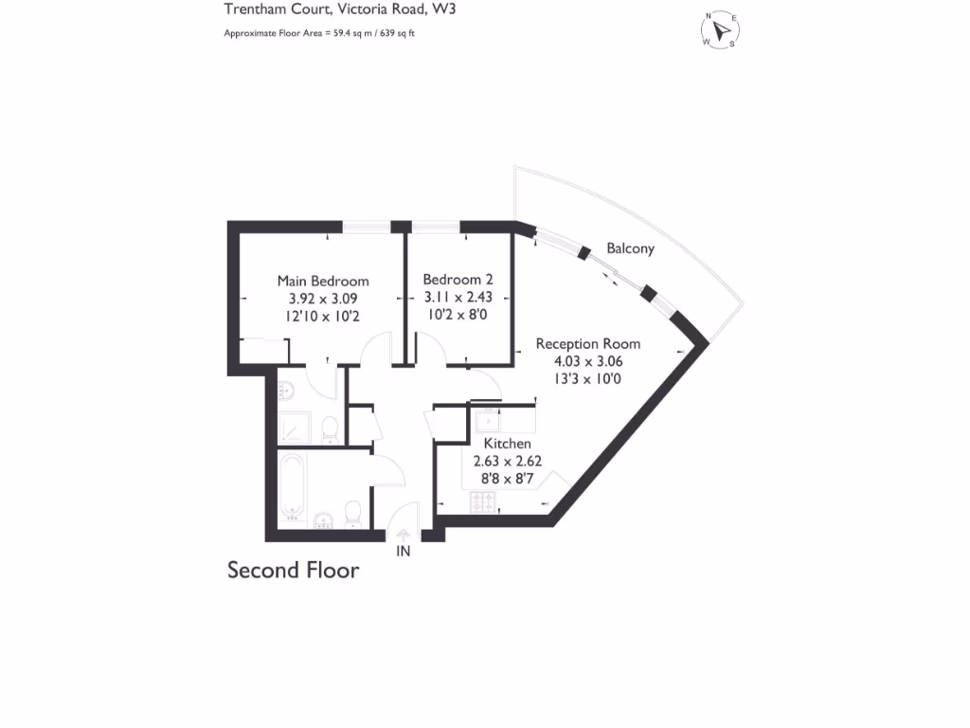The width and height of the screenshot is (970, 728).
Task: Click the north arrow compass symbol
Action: (x=722, y=29)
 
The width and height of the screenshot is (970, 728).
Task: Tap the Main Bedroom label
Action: (x=322, y=281)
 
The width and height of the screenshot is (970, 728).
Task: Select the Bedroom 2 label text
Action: (x=458, y=280)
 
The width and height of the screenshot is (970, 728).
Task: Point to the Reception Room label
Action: (x=587, y=344)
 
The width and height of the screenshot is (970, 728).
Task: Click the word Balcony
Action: (x=630, y=249)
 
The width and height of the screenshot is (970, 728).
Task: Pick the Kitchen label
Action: (x=507, y=444)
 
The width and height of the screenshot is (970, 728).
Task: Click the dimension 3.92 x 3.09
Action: (x=322, y=299)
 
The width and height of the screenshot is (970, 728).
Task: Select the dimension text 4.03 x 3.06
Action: (x=587, y=361)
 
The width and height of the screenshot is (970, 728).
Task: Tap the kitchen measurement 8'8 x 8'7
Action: (x=507, y=479)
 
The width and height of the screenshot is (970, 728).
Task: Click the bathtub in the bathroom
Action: (x=293, y=487)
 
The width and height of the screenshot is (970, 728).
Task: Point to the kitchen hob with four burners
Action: (x=484, y=500)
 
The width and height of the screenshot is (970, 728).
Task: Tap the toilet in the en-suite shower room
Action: (x=329, y=429)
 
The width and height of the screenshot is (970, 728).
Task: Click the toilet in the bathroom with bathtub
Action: (x=352, y=513)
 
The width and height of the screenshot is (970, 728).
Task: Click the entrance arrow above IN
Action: (x=403, y=535)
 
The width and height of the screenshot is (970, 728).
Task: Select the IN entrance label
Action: (x=403, y=551)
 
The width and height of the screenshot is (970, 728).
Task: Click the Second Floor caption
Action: (x=293, y=571)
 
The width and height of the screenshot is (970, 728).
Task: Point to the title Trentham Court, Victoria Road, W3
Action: (x=325, y=11)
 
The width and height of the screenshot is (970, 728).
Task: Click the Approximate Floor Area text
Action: (x=319, y=33)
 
